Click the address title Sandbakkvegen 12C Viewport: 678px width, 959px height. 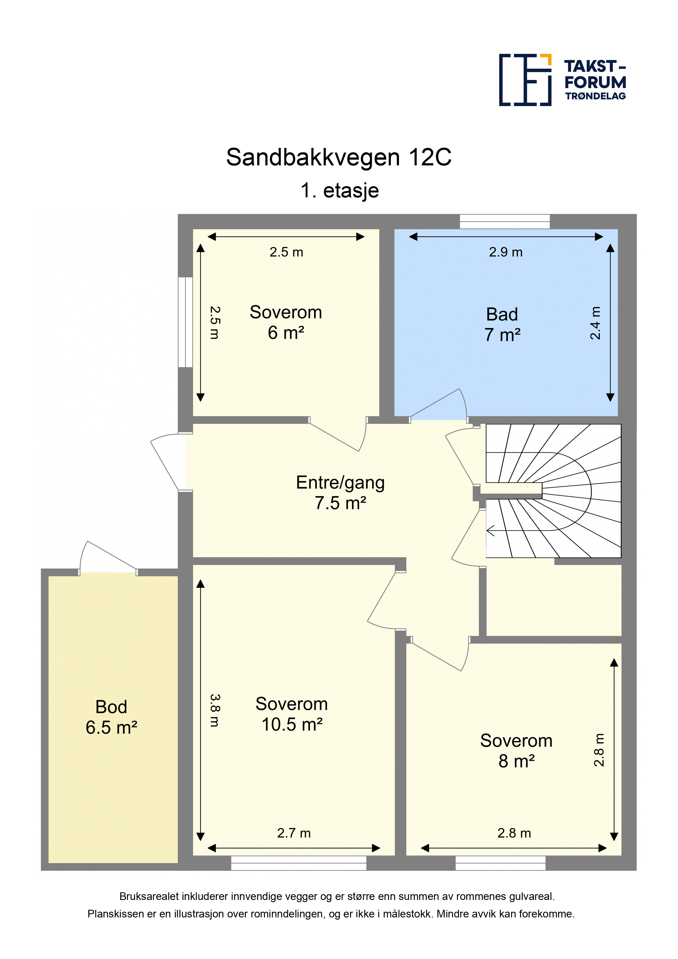point(339,157)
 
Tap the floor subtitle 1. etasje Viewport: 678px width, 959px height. point(340,191)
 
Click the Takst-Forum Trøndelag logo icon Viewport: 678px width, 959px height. point(525,80)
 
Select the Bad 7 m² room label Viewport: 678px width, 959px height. point(502,324)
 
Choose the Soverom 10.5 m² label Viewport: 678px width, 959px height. point(292,714)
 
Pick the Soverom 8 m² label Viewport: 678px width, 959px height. point(516,751)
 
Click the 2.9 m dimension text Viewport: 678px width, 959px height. point(505,252)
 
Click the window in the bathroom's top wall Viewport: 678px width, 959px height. point(505,221)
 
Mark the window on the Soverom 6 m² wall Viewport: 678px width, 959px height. point(185,322)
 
